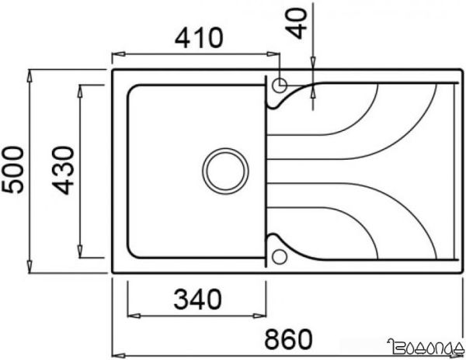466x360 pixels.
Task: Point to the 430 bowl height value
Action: tap(64, 171)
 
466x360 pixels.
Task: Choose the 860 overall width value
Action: tap(290, 339)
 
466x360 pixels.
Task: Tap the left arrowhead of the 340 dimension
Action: tap(129, 315)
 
